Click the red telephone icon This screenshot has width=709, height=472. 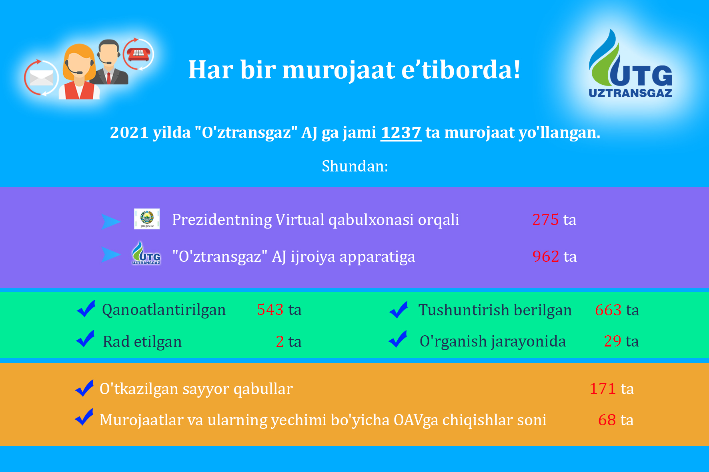tap(138, 54)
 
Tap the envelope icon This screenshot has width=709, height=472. tap(41, 78)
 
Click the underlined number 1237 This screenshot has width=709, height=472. tap(401, 133)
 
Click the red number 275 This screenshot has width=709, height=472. tap(545, 220)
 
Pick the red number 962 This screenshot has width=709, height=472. tap(546, 257)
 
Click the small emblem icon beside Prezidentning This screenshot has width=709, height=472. tap(147, 219)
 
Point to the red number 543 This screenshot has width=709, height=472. tap(270, 310)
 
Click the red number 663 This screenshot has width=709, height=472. tap(608, 310)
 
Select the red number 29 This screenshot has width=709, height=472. tap(613, 341)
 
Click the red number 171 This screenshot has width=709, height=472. tap(603, 389)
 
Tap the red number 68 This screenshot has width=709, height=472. tap(607, 420)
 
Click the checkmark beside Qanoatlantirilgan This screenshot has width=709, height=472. tap(86, 309)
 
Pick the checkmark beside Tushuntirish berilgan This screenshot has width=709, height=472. tap(399, 310)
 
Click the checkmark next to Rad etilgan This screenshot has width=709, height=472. tap(86, 339)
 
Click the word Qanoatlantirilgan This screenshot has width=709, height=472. tap(164, 310)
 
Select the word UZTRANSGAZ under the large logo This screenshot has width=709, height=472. tap(631, 93)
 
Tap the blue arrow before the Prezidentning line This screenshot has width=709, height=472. tap(111, 221)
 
